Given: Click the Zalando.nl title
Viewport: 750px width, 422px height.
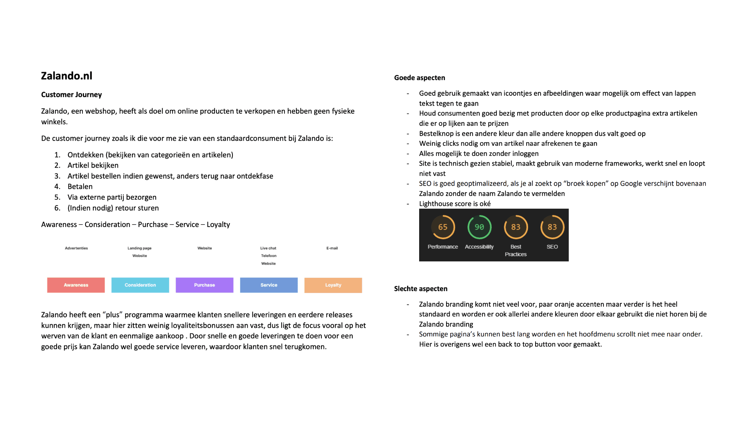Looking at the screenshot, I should point(67,76).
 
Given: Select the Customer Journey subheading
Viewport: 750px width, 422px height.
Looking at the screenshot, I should point(71,95).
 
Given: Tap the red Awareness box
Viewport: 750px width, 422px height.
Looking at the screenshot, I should point(76,285).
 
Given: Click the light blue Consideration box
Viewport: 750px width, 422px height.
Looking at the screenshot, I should point(140,285).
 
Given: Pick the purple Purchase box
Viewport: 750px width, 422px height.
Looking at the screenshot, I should point(204,285).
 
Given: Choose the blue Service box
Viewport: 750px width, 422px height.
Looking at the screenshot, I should point(269,285).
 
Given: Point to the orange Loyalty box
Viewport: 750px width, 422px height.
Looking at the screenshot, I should point(333,285).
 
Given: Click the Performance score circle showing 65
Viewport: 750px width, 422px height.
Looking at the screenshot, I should point(443,227).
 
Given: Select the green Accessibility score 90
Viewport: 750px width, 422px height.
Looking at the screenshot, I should point(479,227).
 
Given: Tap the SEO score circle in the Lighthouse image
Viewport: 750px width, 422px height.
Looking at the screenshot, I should point(552,227).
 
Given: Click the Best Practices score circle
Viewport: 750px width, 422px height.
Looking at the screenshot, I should point(516,227).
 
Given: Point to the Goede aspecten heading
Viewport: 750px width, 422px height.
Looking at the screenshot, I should point(420,78).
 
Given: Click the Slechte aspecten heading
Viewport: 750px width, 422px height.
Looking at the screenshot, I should point(421,289).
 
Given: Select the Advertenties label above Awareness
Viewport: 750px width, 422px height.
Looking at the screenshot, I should point(77,248).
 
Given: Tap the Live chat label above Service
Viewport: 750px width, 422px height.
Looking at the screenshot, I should point(268,248).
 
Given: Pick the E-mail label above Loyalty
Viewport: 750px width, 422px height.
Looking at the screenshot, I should point(332,248).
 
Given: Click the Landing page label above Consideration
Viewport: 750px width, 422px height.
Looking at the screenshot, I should point(139,248).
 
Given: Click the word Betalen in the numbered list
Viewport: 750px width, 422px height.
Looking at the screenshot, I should point(80,187).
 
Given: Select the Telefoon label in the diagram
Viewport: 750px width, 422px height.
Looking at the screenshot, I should point(269,256).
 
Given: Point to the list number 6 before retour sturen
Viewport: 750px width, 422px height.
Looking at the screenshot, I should point(57,208).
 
